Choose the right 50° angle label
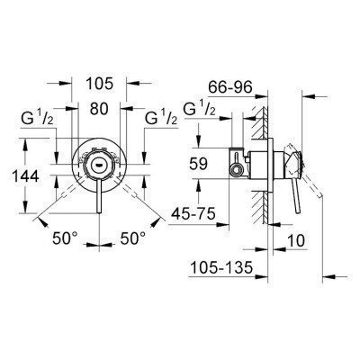point(133,241)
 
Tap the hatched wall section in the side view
point(259,171)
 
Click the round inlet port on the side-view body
point(238,166)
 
